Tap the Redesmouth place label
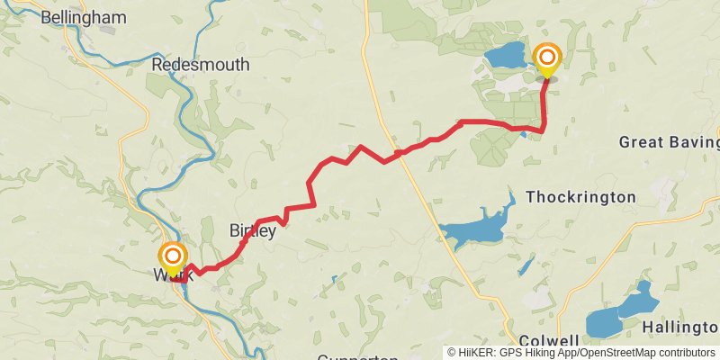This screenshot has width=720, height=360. [x=193, y=65]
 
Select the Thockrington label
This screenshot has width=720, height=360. [x=580, y=196]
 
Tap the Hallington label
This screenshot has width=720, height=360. [x=680, y=325]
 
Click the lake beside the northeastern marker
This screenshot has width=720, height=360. [x=506, y=55]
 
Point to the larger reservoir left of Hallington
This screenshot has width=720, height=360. [x=605, y=321]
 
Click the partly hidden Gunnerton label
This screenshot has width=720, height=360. [x=357, y=357]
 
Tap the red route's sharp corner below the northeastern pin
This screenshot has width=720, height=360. [x=543, y=130]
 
